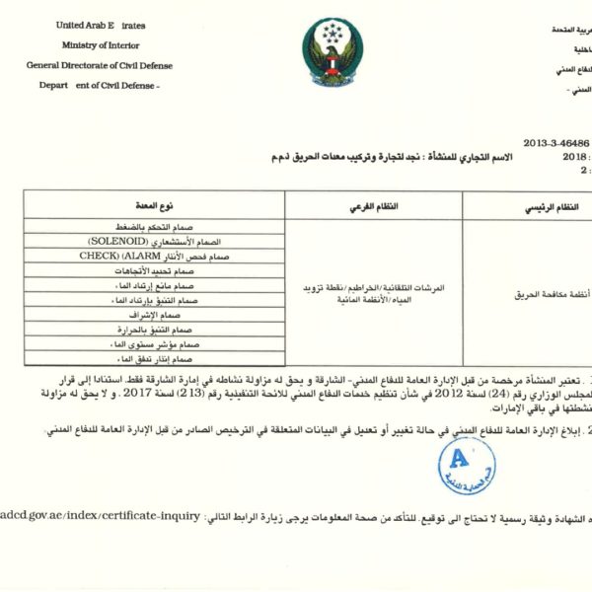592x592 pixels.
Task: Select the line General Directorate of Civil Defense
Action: pyautogui.click(x=100, y=65)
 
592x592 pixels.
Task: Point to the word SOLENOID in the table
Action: pyautogui.click(x=117, y=241)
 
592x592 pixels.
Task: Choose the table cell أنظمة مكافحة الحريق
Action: pyautogui.click(x=548, y=294)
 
